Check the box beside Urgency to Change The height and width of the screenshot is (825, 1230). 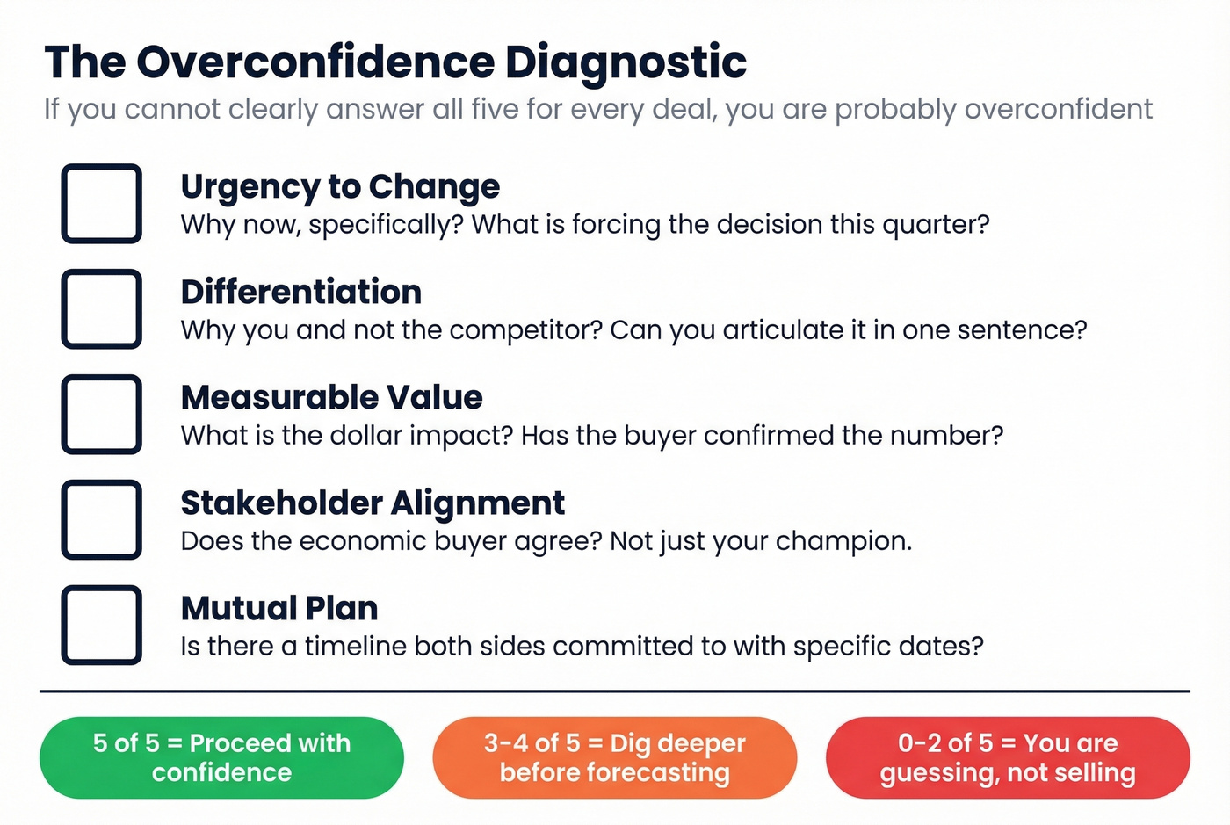(x=101, y=203)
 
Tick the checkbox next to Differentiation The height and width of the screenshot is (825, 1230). (x=101, y=308)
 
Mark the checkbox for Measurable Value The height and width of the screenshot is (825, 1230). (x=101, y=414)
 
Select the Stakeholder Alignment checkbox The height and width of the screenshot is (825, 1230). (x=101, y=519)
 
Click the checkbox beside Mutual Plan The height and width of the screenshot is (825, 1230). (x=101, y=625)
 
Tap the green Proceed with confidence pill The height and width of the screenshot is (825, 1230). (x=221, y=757)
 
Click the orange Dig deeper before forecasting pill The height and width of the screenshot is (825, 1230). (x=614, y=757)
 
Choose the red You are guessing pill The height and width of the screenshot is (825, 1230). (x=1008, y=757)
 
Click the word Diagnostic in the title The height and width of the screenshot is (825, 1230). (x=626, y=62)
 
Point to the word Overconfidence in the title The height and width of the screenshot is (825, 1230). (x=315, y=62)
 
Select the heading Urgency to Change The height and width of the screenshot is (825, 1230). (x=340, y=186)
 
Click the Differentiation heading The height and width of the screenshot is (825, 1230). (x=301, y=292)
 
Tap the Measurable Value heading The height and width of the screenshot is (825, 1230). (x=331, y=397)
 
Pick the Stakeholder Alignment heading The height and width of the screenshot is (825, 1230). (x=373, y=503)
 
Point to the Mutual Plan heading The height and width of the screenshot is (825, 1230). (x=279, y=608)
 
